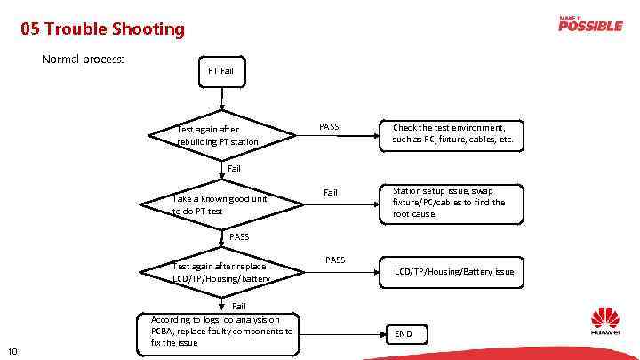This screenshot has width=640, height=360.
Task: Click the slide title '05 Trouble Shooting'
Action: click(103, 29)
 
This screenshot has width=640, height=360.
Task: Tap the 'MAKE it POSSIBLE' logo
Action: click(589, 24)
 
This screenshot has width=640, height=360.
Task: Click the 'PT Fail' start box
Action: click(220, 70)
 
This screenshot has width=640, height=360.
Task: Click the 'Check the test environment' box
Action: click(452, 133)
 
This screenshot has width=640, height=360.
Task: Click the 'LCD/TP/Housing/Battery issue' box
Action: click(452, 271)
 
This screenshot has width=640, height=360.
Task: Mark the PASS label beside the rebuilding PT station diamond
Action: click(329, 126)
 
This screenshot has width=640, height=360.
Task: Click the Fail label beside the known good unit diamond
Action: click(330, 192)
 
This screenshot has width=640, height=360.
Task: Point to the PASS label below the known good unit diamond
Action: click(239, 236)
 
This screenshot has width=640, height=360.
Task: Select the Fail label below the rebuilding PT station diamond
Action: click(234, 168)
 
